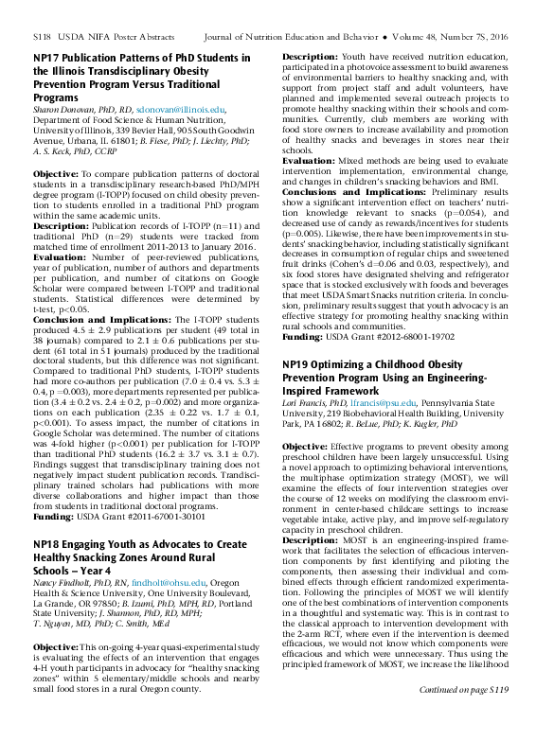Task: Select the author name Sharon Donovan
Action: (63, 110)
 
